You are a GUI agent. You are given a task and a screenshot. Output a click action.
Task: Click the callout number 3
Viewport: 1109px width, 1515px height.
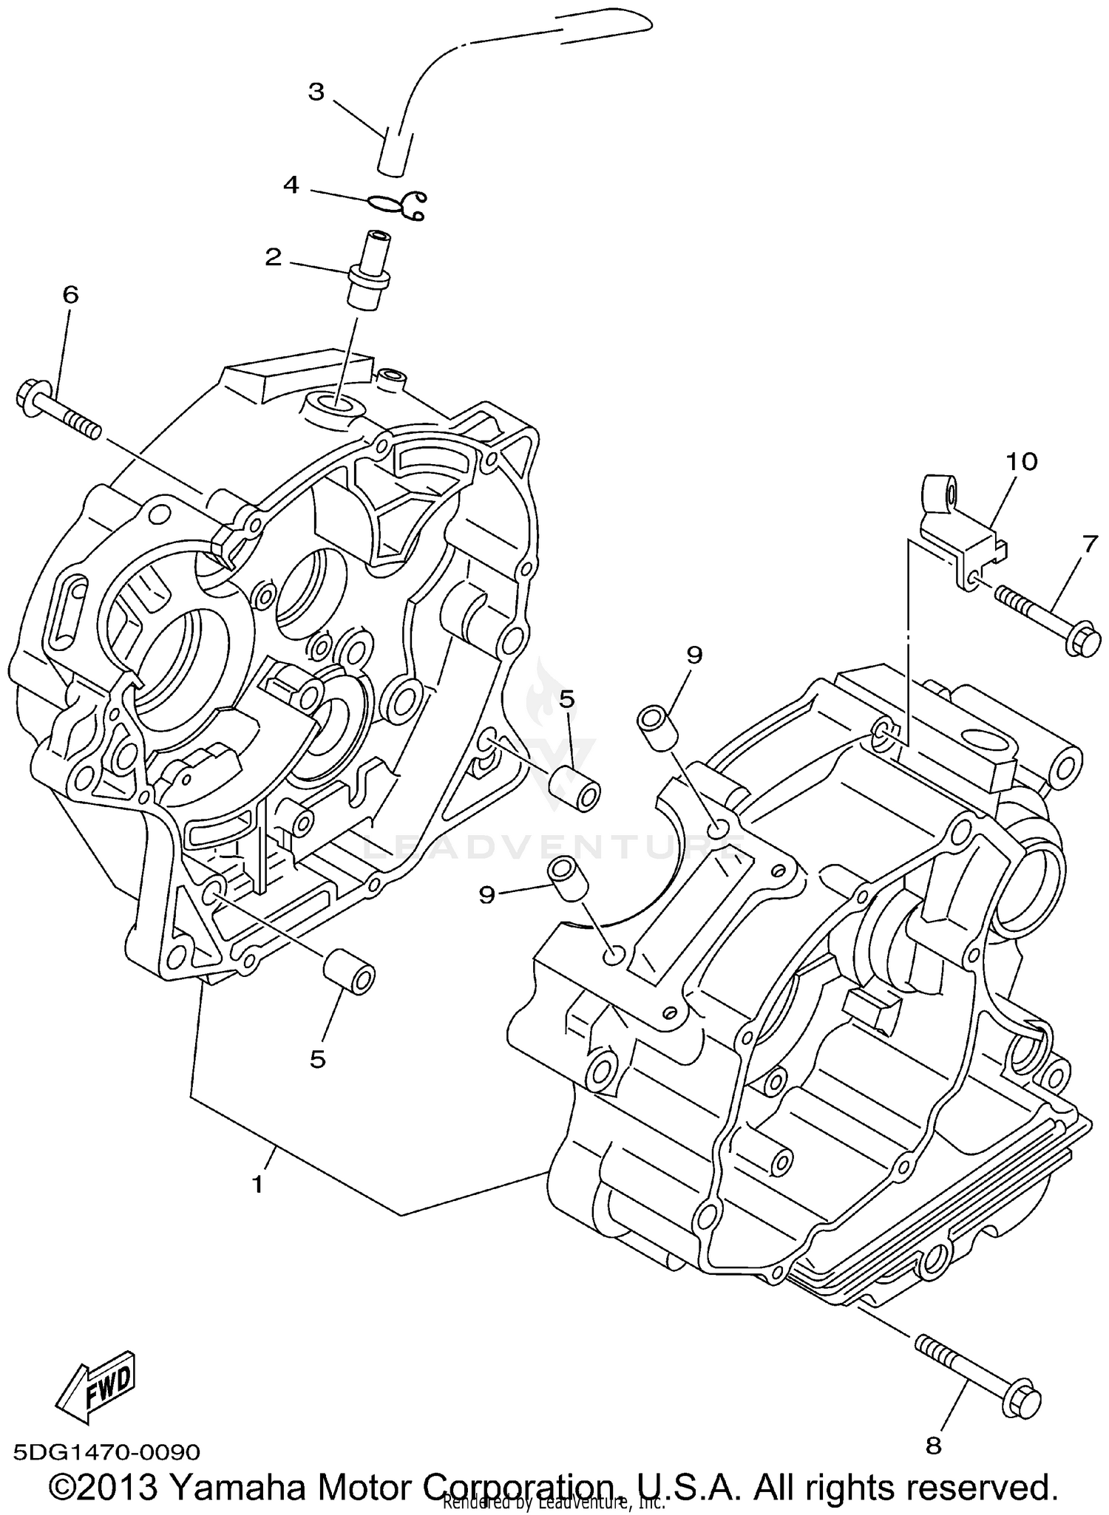[x=316, y=92]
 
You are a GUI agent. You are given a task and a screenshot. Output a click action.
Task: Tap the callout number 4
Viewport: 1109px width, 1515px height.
[x=292, y=185]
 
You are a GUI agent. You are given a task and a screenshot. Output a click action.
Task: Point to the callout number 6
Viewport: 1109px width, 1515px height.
[x=70, y=295]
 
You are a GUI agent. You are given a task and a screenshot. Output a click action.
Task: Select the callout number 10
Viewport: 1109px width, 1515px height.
[x=1021, y=462]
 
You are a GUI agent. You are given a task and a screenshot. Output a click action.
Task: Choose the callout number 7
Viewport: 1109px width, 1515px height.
[x=1091, y=544]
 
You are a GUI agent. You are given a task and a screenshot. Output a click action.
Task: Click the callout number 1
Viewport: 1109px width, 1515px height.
[x=257, y=1185]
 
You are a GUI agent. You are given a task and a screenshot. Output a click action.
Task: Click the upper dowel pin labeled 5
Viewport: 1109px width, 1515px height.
[x=577, y=789]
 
